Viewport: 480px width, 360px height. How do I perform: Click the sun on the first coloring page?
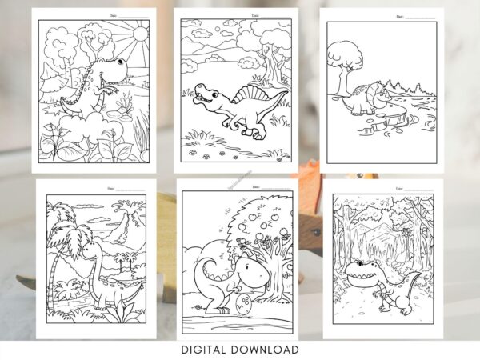(x=136, y=34)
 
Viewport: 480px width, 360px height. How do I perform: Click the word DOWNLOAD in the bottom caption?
(x=268, y=350)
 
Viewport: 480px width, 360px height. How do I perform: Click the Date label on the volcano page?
(x=110, y=186)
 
